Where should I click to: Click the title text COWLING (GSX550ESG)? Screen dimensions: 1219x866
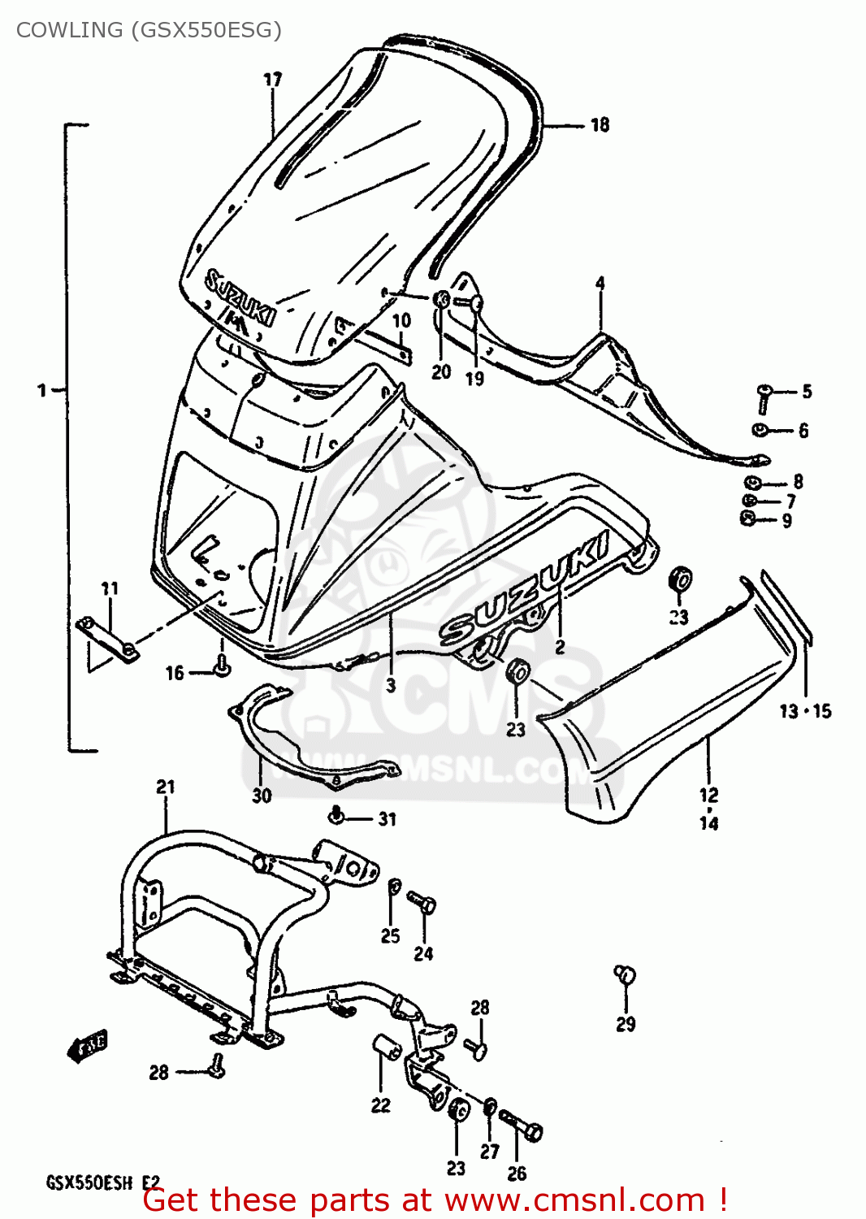click(x=149, y=30)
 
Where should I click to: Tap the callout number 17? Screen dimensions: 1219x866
click(x=273, y=80)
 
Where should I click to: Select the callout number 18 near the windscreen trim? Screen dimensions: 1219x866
click(x=600, y=125)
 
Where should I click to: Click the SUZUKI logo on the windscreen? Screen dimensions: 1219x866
click(x=239, y=297)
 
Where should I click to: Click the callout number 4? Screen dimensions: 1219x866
click(x=600, y=284)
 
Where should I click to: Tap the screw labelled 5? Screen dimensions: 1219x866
click(x=764, y=398)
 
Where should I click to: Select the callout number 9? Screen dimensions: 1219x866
click(x=786, y=521)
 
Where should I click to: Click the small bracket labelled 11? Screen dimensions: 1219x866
click(x=107, y=636)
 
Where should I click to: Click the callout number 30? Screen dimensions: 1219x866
click(x=262, y=796)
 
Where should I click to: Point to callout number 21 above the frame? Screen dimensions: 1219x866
click(x=166, y=787)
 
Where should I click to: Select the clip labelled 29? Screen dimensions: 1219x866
click(x=624, y=974)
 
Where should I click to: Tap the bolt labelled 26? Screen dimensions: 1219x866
click(x=521, y=1126)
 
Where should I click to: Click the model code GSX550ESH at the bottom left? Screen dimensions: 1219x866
click(x=89, y=1182)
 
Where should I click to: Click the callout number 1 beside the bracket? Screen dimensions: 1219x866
click(x=42, y=391)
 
